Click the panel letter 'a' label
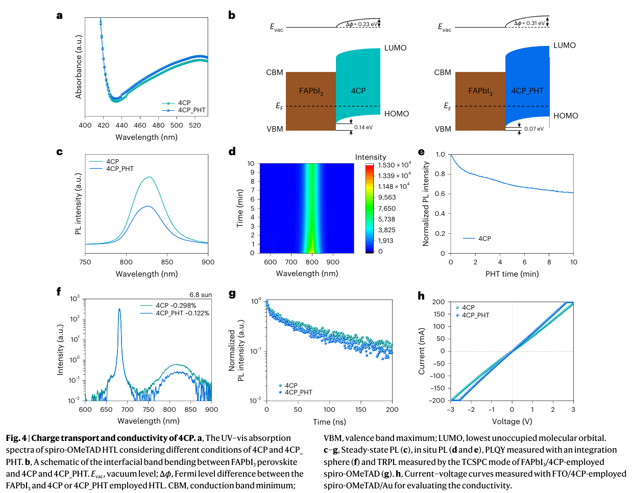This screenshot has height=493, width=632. coord(60,16)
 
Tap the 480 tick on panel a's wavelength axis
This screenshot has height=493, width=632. coord(158,126)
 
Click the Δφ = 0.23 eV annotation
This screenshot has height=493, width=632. coord(362,24)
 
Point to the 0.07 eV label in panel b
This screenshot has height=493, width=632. coord(533,129)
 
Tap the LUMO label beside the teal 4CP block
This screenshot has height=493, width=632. coord(395,48)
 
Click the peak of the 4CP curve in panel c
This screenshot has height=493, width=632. coord(150,177)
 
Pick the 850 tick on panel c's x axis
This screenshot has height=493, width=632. coord(167,262)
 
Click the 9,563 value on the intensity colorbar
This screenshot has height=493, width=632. coord(387,198)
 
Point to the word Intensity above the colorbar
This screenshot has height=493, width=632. coord(371,157)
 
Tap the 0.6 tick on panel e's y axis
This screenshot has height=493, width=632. coord(440,194)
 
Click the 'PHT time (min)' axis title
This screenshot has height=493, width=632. coord(512,274)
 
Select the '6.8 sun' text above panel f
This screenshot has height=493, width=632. coord(201,295)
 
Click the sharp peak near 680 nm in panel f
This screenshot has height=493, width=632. coord(119,309)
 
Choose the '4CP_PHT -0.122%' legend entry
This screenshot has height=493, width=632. coord(182,313)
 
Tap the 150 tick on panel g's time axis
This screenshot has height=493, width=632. coord(361,410)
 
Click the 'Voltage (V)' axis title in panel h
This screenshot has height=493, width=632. coord(512,422)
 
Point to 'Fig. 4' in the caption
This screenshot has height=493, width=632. coord(16,438)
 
